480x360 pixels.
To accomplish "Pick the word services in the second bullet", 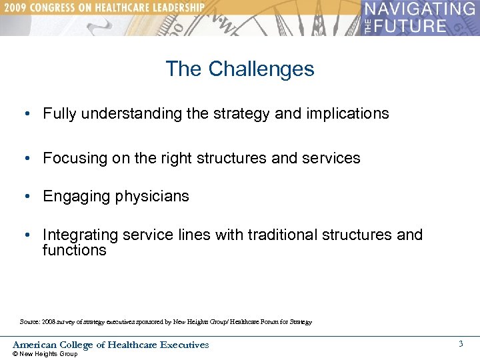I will [x=332, y=159].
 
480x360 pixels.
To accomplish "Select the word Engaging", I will [x=74, y=197].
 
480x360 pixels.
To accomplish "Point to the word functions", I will [x=74, y=251].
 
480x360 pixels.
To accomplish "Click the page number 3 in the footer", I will [x=461, y=344].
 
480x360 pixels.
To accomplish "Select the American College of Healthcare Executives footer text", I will [x=111, y=345].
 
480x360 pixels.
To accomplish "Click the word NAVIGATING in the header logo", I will [x=420, y=9].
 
